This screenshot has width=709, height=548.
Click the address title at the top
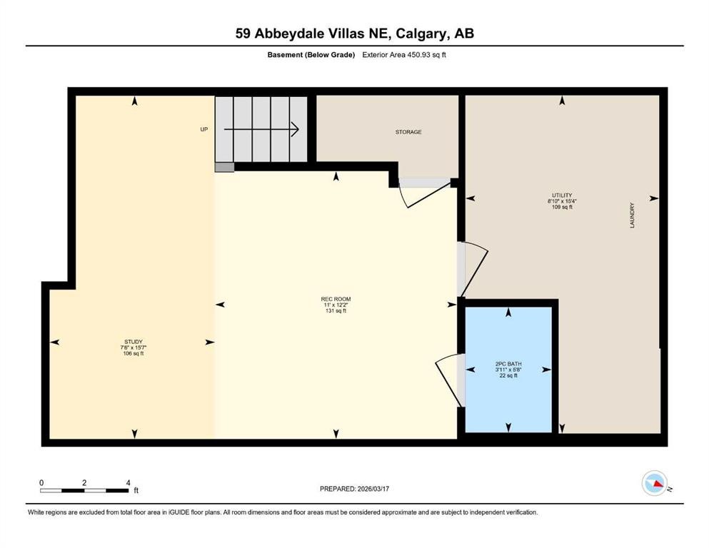354,33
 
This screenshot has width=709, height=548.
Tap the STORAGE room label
408,132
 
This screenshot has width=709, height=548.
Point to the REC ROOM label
336,299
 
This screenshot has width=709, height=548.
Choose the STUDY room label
129,342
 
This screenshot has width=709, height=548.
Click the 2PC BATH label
508,365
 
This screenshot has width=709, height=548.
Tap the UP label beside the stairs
203,130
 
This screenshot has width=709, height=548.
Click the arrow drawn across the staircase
261,129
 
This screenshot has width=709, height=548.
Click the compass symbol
654,484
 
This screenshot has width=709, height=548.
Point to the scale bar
84,490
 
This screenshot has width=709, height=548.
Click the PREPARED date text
354,489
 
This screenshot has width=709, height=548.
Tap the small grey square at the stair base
224,167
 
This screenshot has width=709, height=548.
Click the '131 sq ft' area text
336,311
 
